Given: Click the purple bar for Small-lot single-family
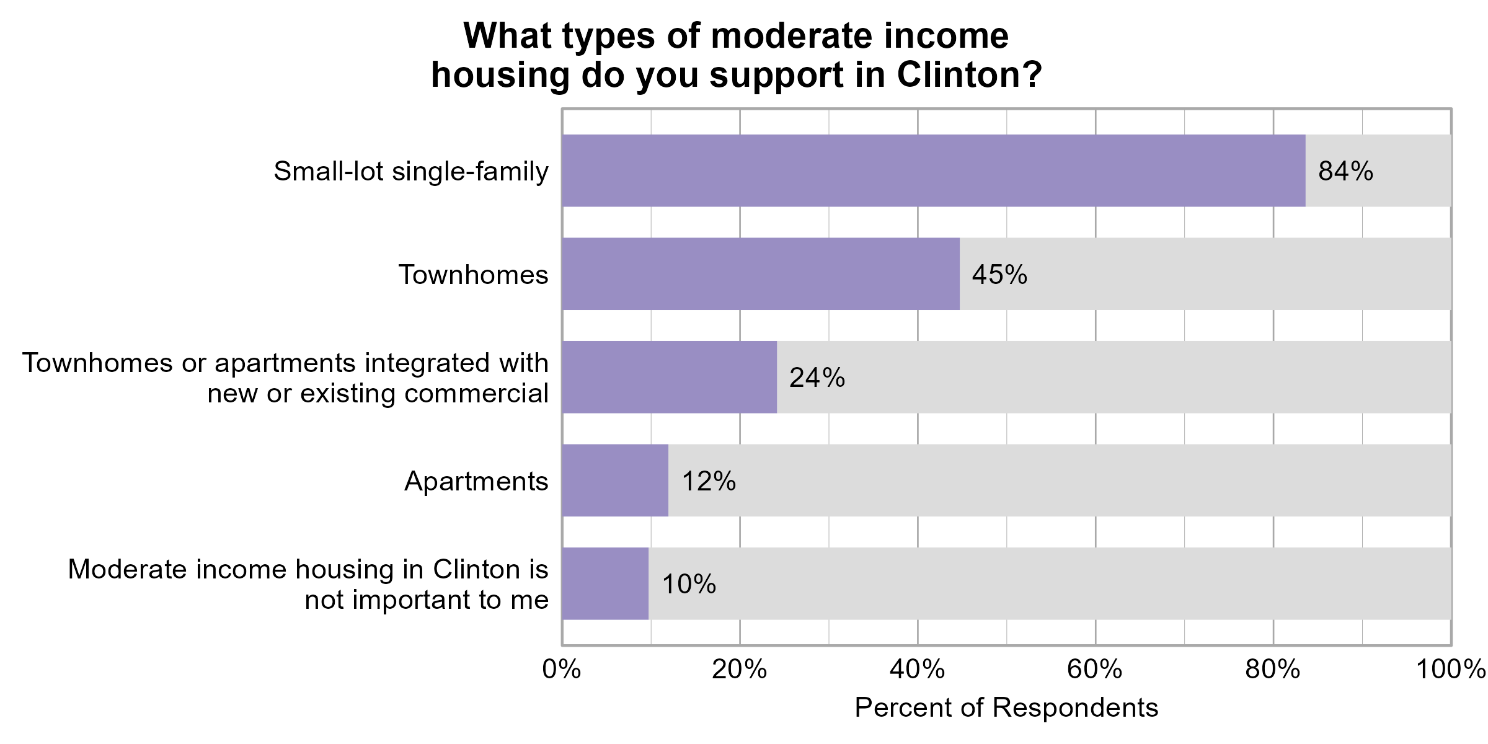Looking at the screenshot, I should point(933,170).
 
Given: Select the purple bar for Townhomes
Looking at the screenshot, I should point(761,273).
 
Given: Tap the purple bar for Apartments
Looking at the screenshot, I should point(615,480).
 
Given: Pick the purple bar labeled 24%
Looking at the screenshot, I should point(670,377).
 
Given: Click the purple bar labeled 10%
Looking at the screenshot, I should point(605,583).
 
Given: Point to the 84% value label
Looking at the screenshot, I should point(1345,171).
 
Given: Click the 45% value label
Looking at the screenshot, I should point(999,275).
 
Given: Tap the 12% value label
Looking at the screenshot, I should point(709,481).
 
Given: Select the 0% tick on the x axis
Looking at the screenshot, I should point(562,670).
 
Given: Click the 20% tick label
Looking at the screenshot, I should point(739,670).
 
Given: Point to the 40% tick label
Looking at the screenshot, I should point(917,670).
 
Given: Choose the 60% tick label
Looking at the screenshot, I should point(1095,670).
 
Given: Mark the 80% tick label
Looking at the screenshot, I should point(1273,670).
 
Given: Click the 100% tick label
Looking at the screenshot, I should point(1451,670).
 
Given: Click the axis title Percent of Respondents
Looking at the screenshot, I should point(1006,707).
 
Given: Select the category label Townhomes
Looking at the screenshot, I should point(473,275).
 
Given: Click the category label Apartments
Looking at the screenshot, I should point(476,481).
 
